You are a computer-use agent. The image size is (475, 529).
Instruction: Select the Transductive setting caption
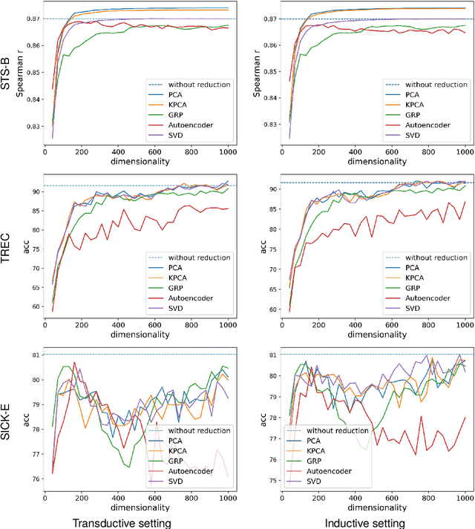click(122, 522)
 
